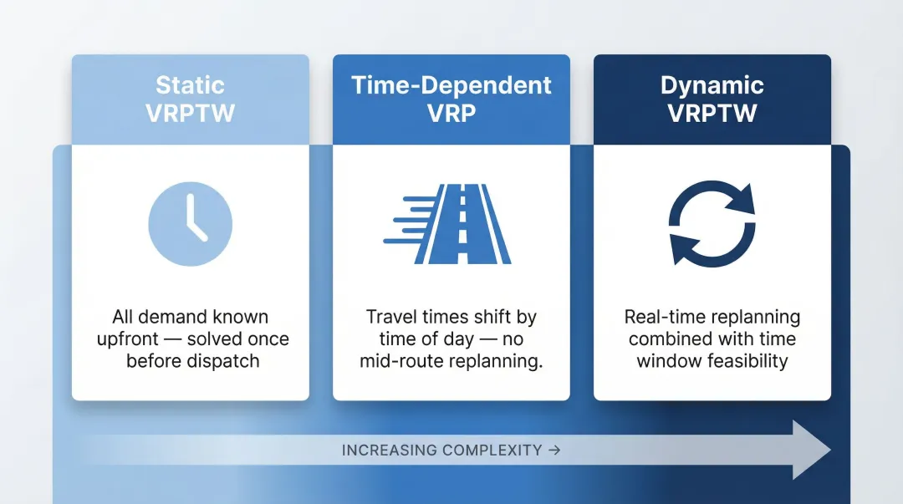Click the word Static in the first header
click(x=190, y=86)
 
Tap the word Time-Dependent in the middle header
click(x=451, y=86)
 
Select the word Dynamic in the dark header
click(x=712, y=86)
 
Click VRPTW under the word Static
click(x=190, y=114)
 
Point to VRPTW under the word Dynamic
click(x=712, y=114)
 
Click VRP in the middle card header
click(x=451, y=114)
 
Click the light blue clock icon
click(x=190, y=224)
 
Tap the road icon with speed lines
click(x=451, y=224)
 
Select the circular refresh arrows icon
click(x=712, y=224)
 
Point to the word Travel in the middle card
click(x=391, y=318)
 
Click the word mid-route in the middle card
click(x=398, y=361)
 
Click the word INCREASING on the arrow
click(x=389, y=451)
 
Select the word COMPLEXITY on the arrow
click(x=492, y=451)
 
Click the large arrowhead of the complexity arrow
click(x=809, y=451)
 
